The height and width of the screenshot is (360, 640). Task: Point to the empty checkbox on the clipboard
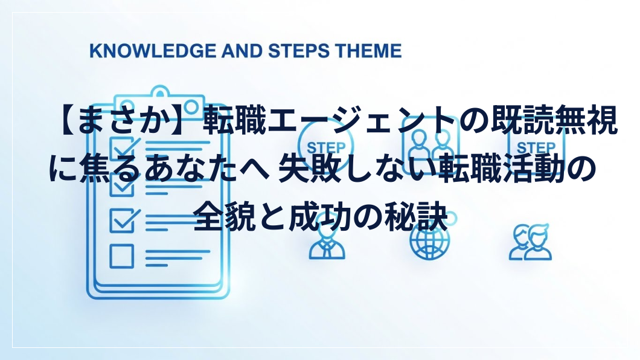(x=121, y=256)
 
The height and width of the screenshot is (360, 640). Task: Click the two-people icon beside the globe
(x=530, y=242)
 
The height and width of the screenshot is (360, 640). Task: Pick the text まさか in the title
(x=120, y=121)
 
